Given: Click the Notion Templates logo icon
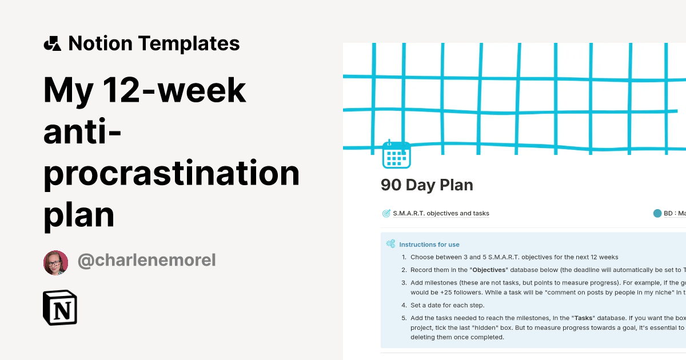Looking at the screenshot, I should click(x=53, y=43).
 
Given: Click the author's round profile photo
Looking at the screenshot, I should click(x=56, y=262).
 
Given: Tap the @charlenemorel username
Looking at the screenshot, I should click(x=147, y=261).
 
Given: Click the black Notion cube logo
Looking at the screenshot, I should click(x=60, y=307).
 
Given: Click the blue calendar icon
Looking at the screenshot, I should click(x=396, y=154).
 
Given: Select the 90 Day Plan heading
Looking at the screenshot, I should click(x=427, y=185).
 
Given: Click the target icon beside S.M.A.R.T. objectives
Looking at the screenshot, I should click(x=386, y=213).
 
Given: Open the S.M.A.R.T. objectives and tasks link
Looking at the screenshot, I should click(x=441, y=213).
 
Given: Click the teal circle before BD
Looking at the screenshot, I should click(x=657, y=213).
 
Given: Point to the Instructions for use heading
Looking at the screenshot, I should click(x=429, y=244).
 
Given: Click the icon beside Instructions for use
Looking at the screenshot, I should click(x=391, y=244).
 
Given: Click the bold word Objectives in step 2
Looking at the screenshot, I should click(x=490, y=270).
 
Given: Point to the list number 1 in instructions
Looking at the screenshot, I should click(x=404, y=257).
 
